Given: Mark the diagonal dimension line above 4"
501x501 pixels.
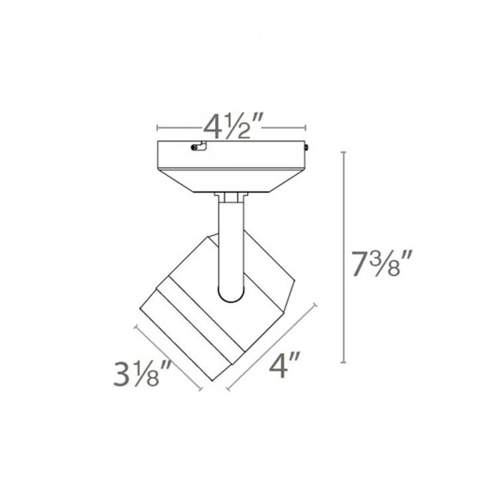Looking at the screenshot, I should (271, 346).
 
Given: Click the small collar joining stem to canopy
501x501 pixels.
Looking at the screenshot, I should (231, 196).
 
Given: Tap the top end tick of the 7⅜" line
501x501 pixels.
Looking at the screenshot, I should (343, 153).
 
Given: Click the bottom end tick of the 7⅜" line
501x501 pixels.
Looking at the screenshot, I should (343, 362).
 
